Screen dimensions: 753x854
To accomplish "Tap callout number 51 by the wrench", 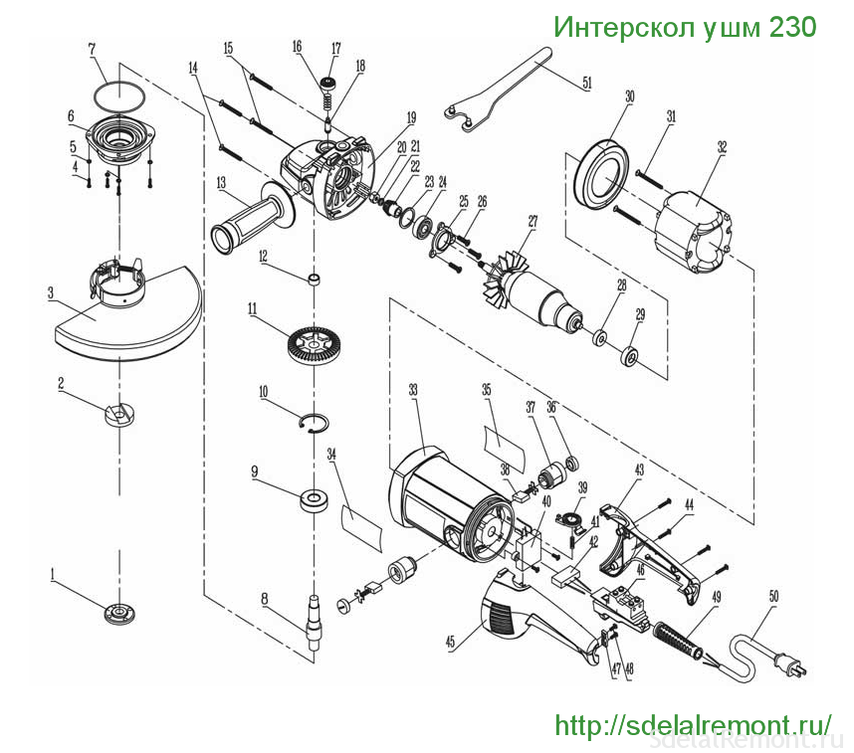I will tap(587, 85).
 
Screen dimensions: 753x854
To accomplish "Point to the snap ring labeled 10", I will tap(315, 422).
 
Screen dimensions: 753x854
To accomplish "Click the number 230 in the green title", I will tap(791, 27).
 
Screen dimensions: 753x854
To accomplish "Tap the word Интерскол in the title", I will tap(614, 27).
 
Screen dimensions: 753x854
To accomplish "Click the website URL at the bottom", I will tap(692, 724).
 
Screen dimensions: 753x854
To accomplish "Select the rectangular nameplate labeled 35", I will tap(505, 439).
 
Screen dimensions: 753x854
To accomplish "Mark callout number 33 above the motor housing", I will tap(413, 391).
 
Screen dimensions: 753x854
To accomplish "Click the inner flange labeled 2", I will tap(118, 412).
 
